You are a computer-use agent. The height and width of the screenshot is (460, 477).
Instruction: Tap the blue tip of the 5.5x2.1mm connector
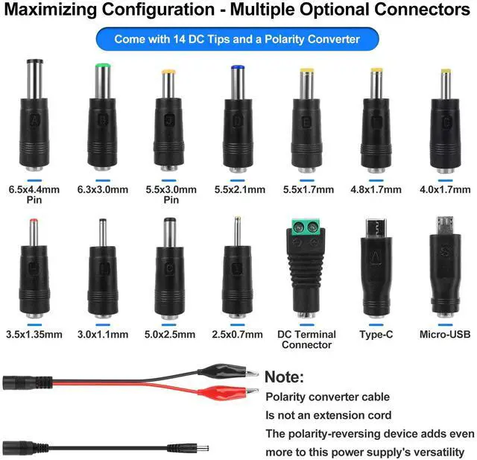[x=238, y=69]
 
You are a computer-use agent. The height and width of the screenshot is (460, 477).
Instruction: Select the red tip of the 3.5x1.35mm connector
[x=34, y=222]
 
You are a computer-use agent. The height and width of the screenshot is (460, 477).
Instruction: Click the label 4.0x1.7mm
[x=446, y=190]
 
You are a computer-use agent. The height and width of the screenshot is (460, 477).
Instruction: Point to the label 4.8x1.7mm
[x=377, y=190]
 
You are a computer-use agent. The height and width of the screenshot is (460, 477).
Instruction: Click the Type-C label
[x=376, y=335]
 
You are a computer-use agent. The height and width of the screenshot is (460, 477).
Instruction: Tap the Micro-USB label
[x=446, y=335]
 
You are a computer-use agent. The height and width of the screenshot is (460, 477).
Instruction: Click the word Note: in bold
[x=285, y=377]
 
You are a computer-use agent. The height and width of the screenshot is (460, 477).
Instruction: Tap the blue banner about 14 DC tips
[x=237, y=39]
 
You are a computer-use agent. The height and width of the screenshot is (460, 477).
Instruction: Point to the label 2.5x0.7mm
[x=238, y=335]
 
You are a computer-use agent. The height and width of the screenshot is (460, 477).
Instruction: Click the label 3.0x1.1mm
[x=103, y=335]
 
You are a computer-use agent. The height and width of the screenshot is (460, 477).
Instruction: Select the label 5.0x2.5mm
[x=170, y=335]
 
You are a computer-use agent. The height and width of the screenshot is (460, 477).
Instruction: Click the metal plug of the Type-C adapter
[x=376, y=227]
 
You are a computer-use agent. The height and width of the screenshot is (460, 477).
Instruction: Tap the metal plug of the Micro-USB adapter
[x=445, y=224]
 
